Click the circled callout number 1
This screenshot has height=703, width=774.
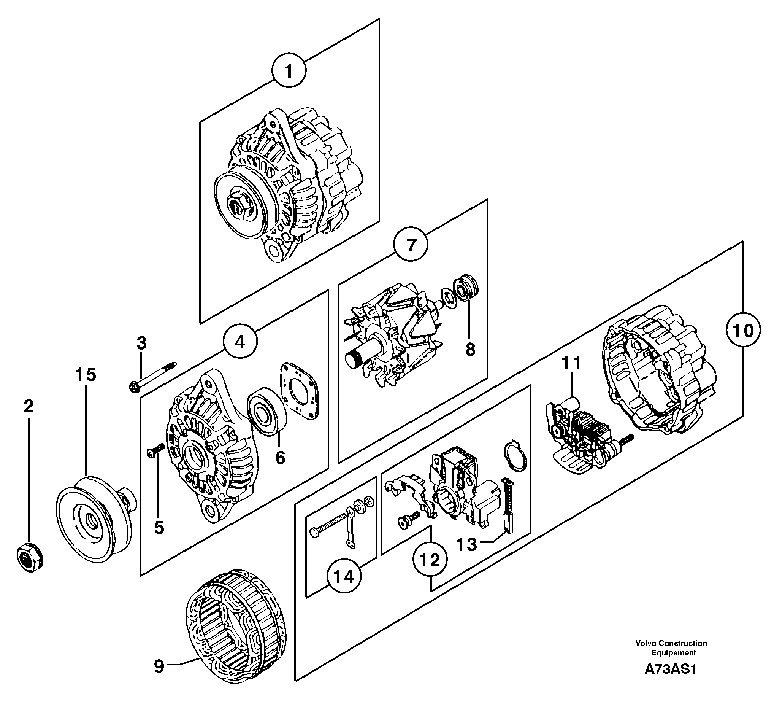click(289, 72)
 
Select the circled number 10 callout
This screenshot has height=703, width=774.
click(743, 330)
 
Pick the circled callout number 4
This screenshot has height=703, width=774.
click(240, 342)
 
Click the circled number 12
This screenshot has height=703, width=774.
click(430, 560)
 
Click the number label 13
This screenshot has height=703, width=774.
click(466, 544)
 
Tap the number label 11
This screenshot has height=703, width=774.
click(571, 363)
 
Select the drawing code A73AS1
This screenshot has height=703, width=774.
click(670, 669)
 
